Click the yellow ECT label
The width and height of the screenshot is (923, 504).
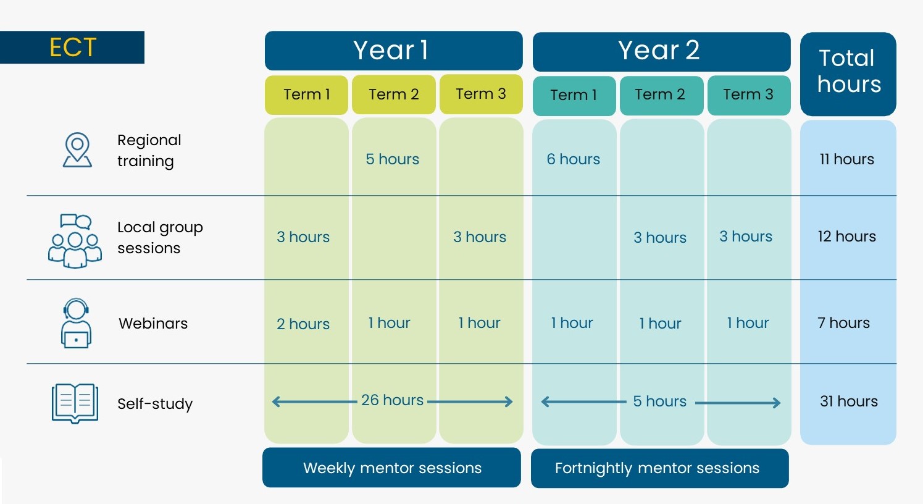coord(72,47)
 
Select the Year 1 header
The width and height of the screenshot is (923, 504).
coord(393,50)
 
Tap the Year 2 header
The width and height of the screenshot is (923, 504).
coord(661,51)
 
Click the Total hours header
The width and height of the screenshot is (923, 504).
coord(848,73)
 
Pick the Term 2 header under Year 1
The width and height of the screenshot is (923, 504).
coord(393,94)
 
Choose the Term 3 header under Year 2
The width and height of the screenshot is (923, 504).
coord(749,95)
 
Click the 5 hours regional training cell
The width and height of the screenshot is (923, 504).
coord(392,159)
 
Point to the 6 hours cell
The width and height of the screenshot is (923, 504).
coord(573,159)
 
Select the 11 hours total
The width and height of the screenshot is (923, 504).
coord(847,159)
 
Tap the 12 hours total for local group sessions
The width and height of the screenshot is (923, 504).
coord(847,236)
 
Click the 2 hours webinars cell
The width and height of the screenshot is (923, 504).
coord(303,324)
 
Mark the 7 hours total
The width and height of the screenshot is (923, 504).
coord(843,322)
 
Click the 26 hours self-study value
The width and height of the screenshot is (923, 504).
coord(392,400)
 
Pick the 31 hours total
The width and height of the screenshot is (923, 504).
coord(849,401)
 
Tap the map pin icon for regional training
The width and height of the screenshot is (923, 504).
coord(77,149)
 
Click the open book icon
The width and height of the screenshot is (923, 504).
coord(75,403)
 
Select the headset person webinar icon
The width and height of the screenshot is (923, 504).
coord(76,323)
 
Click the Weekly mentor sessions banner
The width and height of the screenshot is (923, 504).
coord(391,468)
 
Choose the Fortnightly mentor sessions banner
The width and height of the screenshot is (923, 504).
coord(660,468)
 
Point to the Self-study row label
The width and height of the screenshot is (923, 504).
coord(155,403)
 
